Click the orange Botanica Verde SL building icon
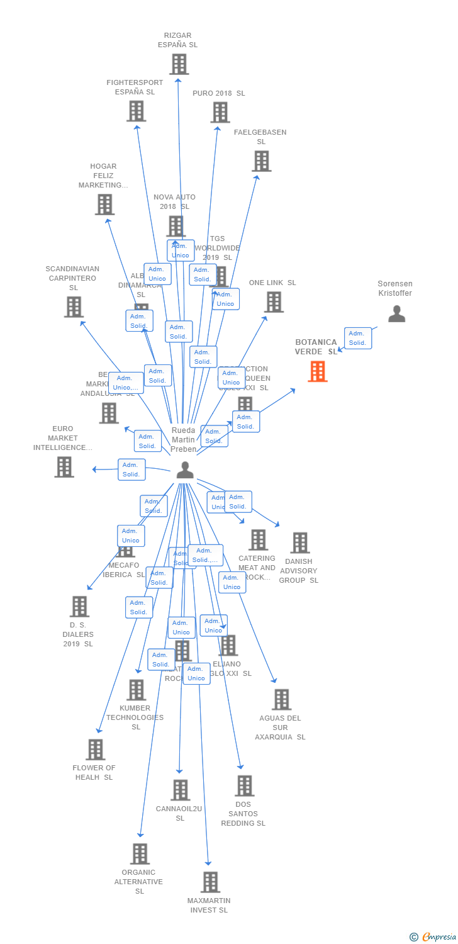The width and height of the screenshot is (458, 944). pyautogui.click(x=318, y=371)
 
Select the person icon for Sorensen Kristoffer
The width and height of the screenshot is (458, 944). pyautogui.click(x=396, y=313)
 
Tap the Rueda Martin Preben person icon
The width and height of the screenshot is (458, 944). pyautogui.click(x=184, y=469)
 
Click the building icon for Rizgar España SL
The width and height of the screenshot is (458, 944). pyautogui.click(x=179, y=64)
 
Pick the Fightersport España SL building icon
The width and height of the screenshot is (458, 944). pyautogui.click(x=136, y=111)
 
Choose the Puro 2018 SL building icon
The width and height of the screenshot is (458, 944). pyautogui.click(x=220, y=112)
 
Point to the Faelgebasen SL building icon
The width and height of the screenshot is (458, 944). pyautogui.click(x=261, y=160)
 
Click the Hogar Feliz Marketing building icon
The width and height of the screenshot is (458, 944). pyautogui.click(x=104, y=204)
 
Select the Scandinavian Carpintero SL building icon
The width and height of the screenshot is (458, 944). pyautogui.click(x=74, y=306)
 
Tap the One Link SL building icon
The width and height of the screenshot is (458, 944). pyautogui.click(x=273, y=301)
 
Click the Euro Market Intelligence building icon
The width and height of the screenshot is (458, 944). pyautogui.click(x=64, y=466)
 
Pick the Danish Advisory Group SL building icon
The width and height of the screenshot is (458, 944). pyautogui.click(x=299, y=542)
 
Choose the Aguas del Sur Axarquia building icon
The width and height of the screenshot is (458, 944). pyautogui.click(x=281, y=699)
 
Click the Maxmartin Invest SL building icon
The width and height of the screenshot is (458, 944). pyautogui.click(x=210, y=882)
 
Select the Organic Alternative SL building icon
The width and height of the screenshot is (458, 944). pyautogui.click(x=140, y=853)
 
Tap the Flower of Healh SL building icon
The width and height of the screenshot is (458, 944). pyautogui.click(x=95, y=749)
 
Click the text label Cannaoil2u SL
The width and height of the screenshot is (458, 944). pyautogui.click(x=179, y=813)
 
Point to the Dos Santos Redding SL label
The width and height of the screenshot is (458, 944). pyautogui.click(x=243, y=814)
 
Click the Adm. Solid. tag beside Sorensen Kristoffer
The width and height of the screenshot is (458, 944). pyautogui.click(x=357, y=338)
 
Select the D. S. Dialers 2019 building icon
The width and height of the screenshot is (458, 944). pyautogui.click(x=79, y=606)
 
